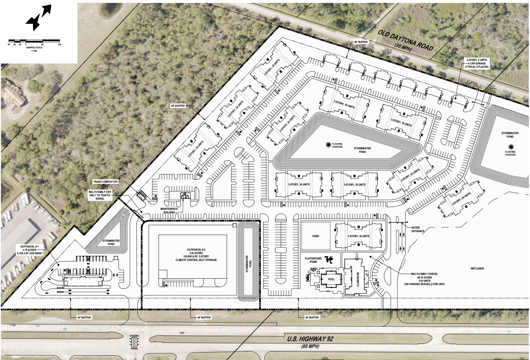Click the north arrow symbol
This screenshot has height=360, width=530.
pos(38,18)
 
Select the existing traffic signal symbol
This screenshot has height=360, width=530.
pos(135,343)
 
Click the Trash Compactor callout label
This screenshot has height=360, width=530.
pos(106,182)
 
